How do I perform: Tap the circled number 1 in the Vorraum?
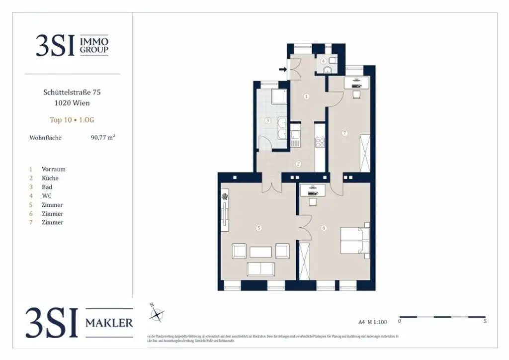coord(306,96)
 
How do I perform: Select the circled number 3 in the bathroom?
coord(267,120)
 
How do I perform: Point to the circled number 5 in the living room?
coord(258,228)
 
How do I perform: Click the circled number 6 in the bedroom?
coord(324,228)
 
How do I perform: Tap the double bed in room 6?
coord(354,243)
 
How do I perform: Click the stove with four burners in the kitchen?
coord(320,141)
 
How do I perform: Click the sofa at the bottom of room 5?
coord(261,269)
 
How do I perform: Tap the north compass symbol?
coord(157,313)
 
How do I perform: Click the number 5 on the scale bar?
coord(485,321)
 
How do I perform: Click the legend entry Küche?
coord(50,178)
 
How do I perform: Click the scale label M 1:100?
coord(377,321)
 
